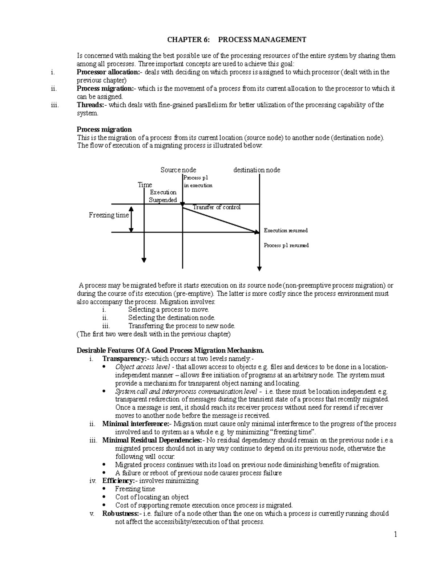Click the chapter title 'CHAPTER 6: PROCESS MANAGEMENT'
[237, 40]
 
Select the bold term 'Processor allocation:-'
[108, 72]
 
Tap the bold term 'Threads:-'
[92, 105]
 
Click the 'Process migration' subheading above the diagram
[104, 130]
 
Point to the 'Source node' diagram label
[178, 170]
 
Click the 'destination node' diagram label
[257, 170]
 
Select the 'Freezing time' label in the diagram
[109, 215]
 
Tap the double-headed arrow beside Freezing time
[131, 219]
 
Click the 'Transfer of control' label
[217, 207]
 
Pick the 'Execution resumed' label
[286, 231]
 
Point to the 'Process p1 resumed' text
[286, 246]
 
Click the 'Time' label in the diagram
[145, 185]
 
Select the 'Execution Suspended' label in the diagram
[163, 196]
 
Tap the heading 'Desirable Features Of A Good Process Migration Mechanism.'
[170, 350]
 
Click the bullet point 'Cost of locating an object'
[152, 497]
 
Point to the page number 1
[396, 535]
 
